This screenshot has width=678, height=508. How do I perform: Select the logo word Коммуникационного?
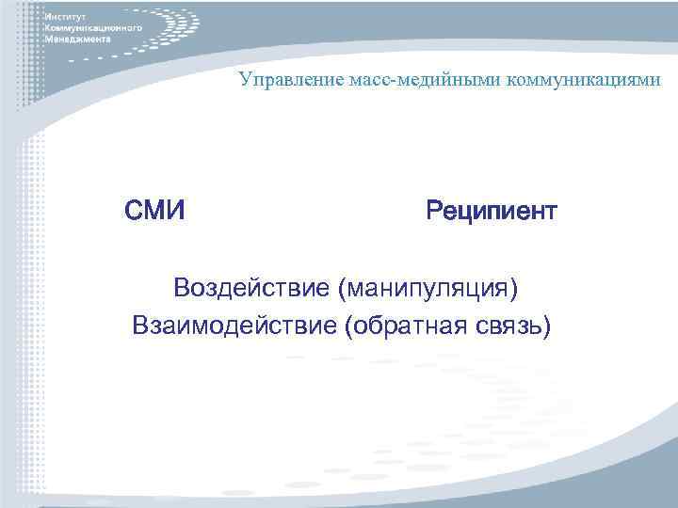92,29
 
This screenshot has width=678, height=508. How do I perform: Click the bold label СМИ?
153,209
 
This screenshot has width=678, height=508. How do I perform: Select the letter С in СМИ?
133,209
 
